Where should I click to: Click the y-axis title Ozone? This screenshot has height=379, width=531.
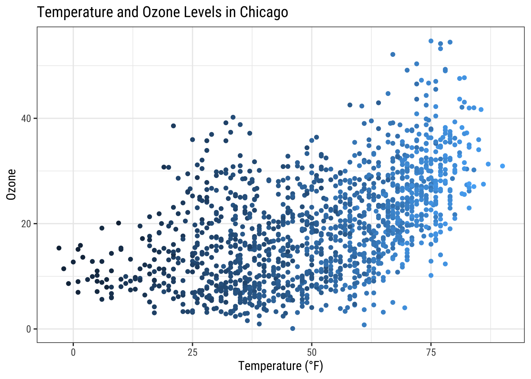[x=12, y=184]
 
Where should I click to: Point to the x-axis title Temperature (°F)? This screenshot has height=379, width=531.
[x=281, y=366]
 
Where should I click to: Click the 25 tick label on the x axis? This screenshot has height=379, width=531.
[x=192, y=352]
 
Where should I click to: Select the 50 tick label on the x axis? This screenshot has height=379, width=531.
[x=312, y=352]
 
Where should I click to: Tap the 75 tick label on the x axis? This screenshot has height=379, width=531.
[x=431, y=352]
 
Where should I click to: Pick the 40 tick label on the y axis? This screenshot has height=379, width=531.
[x=26, y=118]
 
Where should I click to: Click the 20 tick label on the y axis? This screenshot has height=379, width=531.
[x=26, y=224]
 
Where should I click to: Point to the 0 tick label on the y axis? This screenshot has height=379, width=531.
[x=29, y=329]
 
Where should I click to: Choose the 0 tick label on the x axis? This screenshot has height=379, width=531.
[x=73, y=352]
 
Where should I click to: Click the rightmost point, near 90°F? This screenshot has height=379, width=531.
[x=502, y=166]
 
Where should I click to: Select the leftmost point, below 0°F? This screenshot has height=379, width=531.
[x=59, y=248]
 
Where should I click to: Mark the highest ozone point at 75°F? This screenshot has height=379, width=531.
[x=431, y=41]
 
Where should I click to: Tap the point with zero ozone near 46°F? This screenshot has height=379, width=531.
[x=293, y=328]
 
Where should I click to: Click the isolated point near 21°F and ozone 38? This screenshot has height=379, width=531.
[x=173, y=126]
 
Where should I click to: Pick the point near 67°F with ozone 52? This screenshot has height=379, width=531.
[x=393, y=54]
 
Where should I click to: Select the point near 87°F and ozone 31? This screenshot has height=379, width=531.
[x=488, y=164]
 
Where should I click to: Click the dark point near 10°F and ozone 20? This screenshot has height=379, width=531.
[x=119, y=223]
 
